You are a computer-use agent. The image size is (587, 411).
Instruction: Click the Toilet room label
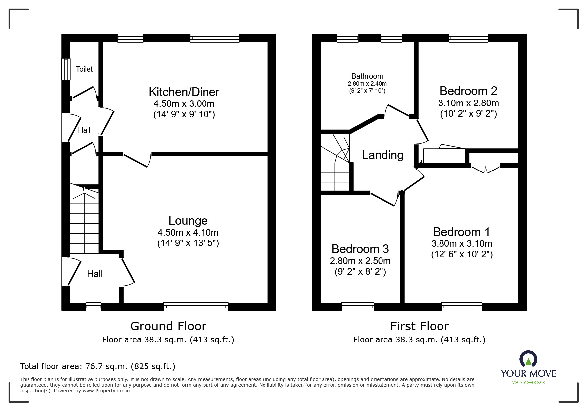84,69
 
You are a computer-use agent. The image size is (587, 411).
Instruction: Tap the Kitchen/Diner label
184,92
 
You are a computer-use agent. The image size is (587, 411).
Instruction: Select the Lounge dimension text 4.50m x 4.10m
188,232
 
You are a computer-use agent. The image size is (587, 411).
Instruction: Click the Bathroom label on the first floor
367,76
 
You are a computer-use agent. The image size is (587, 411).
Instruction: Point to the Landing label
382,155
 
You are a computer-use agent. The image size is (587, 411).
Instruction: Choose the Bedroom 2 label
468,91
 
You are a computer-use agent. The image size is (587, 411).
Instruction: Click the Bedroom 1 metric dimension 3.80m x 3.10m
461,244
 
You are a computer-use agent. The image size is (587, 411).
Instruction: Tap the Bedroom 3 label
360,249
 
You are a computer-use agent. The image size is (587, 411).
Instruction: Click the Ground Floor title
168,326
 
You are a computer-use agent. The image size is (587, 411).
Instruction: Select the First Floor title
419,326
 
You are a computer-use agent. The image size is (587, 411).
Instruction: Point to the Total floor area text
98,366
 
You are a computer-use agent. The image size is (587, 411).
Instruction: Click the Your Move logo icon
528,359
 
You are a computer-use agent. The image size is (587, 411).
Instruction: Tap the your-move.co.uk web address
528,382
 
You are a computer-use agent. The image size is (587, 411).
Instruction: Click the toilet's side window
66,69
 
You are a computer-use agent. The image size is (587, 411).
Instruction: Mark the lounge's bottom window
196,307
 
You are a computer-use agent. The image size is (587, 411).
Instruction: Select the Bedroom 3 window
358,307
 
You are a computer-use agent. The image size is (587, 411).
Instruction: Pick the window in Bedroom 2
468,38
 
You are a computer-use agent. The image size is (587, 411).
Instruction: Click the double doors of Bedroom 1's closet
486,169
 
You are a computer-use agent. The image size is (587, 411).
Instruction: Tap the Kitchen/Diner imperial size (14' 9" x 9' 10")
184,115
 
